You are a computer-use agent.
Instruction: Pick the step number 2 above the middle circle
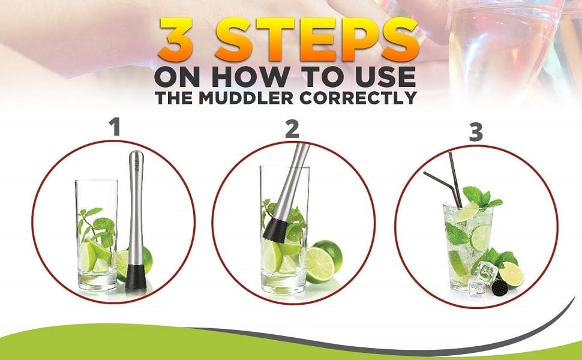pos(292,130)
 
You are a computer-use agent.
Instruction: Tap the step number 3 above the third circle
pos(476,133)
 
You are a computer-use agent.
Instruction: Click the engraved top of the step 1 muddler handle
pos(136,166)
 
